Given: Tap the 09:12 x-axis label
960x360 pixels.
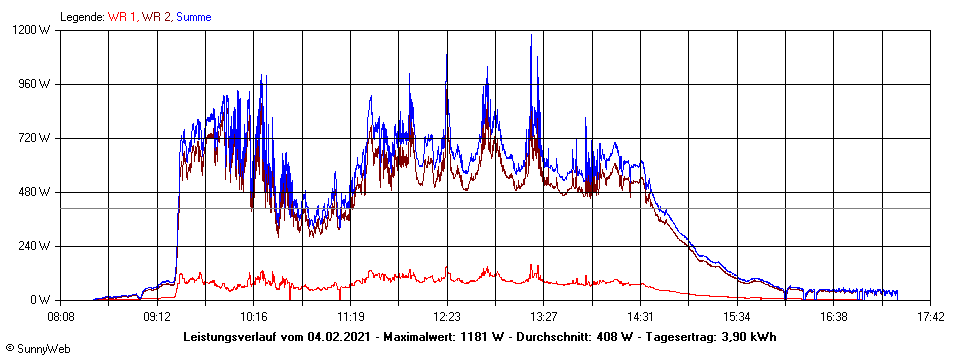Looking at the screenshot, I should coord(157,317).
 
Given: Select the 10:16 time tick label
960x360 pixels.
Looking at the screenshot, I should coord(254,317).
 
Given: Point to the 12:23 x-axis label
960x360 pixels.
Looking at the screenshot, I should coord(447,317).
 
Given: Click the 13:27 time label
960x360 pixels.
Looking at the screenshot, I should coord(544,317).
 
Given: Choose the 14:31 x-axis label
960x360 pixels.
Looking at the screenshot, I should coord(640,317).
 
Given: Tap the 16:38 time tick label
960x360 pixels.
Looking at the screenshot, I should coord(834,317).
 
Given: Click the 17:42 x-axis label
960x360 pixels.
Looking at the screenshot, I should coord(930,317).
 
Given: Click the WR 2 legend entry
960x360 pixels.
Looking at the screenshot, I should coord(155,17).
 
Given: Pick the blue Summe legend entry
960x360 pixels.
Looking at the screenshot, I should coord(193,17).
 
